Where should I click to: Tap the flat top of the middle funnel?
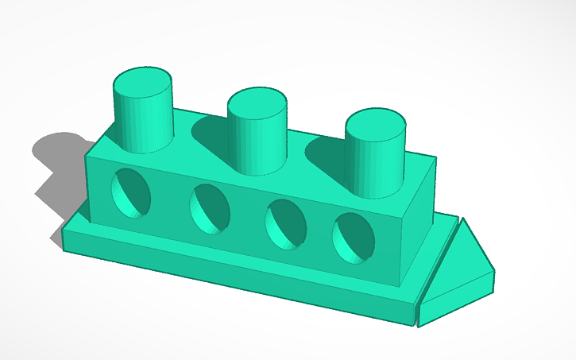[257, 103]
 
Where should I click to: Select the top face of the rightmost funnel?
[375, 125]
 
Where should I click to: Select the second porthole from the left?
[210, 208]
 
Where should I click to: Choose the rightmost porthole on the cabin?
[354, 237]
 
